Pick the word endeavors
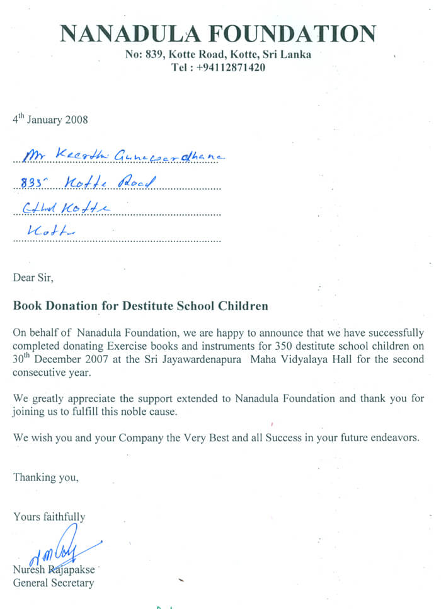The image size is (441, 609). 393,438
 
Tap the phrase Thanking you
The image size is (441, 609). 46,477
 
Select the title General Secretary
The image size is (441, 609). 54,583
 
